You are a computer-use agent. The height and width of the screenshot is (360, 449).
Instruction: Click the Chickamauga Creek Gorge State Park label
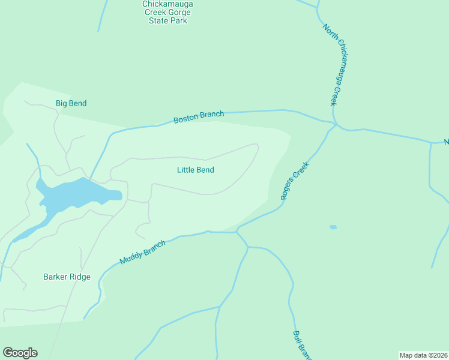pyautogui.click(x=168, y=12)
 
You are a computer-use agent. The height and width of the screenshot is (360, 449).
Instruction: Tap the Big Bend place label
pyautogui.click(x=71, y=103)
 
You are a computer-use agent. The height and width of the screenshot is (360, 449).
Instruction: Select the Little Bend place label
pyautogui.click(x=195, y=170)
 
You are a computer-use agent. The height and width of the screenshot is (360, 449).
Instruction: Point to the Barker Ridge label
pyautogui.click(x=67, y=277)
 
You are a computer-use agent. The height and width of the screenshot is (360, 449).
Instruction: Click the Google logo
pyautogui.click(x=20, y=353)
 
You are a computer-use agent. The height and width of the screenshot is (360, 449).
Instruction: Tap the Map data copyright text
pyautogui.click(x=423, y=355)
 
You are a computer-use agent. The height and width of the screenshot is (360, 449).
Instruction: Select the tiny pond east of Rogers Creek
pyautogui.click(x=333, y=227)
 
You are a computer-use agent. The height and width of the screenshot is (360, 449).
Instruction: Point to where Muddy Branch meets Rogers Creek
pyautogui.click(x=237, y=231)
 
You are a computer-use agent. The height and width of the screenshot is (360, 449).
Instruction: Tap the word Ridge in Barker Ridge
pyautogui.click(x=80, y=277)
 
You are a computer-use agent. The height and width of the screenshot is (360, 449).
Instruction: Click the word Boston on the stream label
pyautogui.click(x=185, y=119)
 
